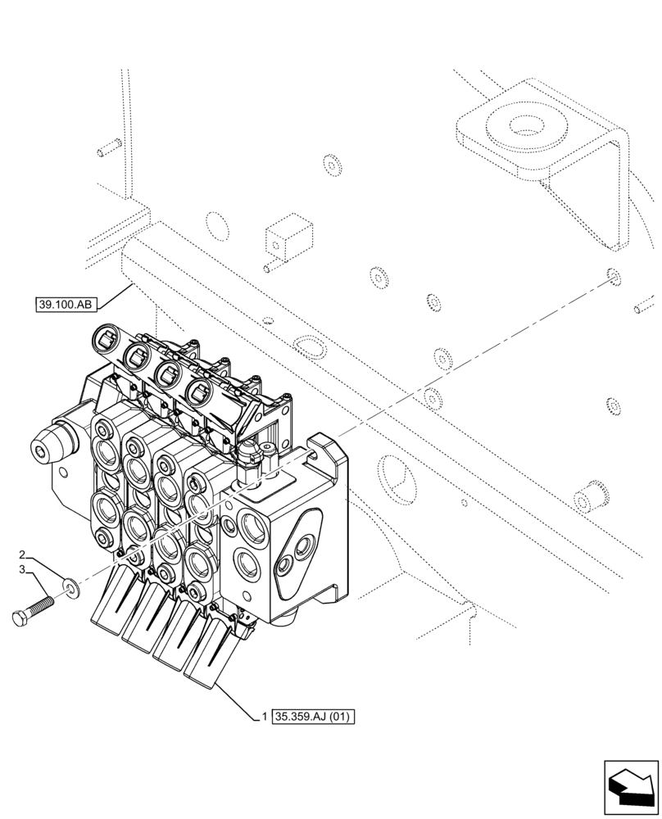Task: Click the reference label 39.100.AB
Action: pos(67,305)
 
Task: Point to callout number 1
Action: pos(265,717)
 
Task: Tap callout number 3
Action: pos(25,568)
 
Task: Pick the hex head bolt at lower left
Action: pos(34,612)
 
